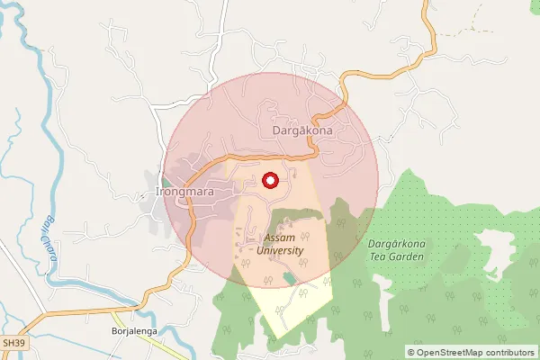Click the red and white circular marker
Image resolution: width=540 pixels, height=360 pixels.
pos(269,180)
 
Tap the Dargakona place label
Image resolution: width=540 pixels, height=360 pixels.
pos(302,130)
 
